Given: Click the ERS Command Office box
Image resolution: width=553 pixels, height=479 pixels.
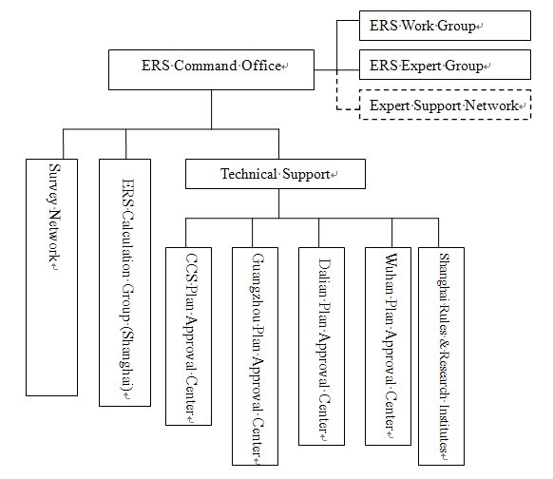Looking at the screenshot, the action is point(211,69).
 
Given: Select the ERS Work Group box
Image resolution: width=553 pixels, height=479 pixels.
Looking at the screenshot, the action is point(445,26).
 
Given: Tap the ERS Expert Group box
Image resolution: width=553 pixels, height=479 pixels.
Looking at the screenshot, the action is point(445,65).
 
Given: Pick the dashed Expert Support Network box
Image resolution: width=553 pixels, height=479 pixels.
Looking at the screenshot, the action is point(445,105).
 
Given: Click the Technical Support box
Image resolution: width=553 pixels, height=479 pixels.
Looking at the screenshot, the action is point(276,174).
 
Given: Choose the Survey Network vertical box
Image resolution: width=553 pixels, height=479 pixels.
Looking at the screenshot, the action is point(52,278).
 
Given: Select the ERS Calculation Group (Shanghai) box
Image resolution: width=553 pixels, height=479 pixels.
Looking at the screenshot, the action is point(124,282).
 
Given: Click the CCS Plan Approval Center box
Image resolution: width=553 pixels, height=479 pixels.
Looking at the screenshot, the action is point(189,336).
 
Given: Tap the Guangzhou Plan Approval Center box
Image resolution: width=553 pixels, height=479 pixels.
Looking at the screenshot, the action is point(255,356).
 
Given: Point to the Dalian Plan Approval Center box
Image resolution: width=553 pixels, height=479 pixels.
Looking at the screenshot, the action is point(321,346).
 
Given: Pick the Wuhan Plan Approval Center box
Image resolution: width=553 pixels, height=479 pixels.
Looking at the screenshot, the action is point(388,346).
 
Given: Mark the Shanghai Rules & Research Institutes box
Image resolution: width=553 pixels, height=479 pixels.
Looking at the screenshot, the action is point(441,356).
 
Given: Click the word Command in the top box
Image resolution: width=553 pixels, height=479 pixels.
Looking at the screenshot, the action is point(205,66).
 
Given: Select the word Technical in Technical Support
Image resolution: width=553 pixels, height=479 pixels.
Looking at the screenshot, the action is point(249,174).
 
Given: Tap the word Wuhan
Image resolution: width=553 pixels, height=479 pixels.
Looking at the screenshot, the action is point(391,274).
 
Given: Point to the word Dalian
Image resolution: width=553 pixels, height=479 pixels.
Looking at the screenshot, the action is point(324,278).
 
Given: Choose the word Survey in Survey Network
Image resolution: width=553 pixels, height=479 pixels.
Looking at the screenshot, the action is point(54,183).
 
